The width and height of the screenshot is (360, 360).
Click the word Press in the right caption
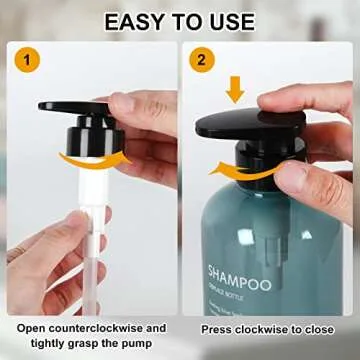point(219,327)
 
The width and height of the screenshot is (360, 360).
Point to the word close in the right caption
point(318,327)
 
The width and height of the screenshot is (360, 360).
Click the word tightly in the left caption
point(39,342)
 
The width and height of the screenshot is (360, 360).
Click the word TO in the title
point(185,22)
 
